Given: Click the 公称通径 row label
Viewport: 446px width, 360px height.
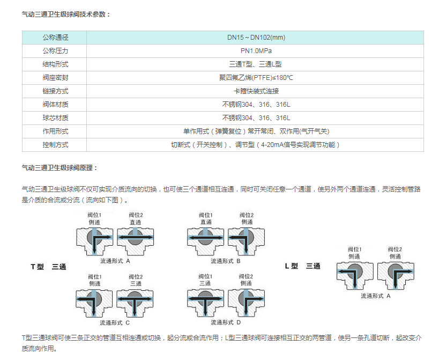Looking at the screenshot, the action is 55,37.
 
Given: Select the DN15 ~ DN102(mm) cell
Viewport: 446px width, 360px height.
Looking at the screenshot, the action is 256,37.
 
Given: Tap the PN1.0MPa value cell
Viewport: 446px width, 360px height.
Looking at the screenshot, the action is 256,51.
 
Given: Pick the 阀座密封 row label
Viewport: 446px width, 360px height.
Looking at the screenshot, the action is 55,78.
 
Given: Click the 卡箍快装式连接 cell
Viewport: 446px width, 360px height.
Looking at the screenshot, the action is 256,91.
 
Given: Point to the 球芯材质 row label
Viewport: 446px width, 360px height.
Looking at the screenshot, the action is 55,118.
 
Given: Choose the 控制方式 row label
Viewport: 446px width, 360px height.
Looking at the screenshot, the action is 55,145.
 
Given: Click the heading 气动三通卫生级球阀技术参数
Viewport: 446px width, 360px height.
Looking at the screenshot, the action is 66,14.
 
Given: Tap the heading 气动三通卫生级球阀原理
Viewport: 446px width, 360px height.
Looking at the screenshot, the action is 60,168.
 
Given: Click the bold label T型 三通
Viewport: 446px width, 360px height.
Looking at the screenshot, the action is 48,267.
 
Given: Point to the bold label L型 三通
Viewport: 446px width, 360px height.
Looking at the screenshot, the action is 303,266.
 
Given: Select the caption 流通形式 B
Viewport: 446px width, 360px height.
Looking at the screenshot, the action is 226,261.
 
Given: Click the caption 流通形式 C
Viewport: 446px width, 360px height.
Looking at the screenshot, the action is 115,323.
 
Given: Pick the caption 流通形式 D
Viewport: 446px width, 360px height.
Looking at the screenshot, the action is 226,322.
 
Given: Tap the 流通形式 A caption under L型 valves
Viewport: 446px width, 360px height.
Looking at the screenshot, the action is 375,296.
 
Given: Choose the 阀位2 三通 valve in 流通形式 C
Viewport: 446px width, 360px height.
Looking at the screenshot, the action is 135,303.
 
